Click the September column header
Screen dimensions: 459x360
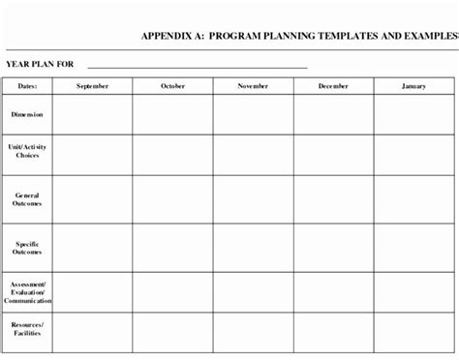[92, 86]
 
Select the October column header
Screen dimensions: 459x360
[172, 86]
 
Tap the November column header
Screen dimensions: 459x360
[254, 86]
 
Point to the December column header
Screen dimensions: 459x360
[334, 86]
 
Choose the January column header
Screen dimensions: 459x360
[414, 86]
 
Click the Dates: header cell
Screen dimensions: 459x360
[26, 86]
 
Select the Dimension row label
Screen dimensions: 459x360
[26, 115]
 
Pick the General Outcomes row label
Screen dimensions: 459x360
[26, 198]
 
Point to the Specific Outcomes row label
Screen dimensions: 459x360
[26, 247]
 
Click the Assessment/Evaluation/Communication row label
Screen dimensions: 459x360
[26, 292]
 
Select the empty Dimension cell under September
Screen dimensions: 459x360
[92, 115]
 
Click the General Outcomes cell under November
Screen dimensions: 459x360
[254, 198]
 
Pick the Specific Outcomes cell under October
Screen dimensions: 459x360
[172, 247]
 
